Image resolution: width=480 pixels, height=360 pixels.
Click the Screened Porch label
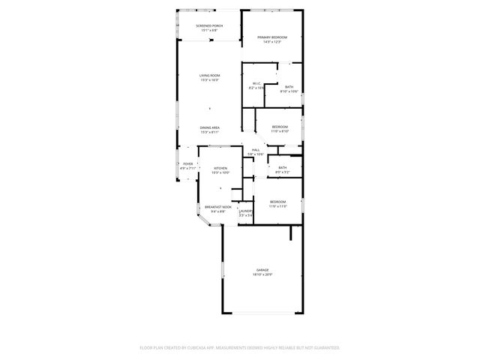[209, 25]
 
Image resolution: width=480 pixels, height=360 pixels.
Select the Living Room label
[209, 76]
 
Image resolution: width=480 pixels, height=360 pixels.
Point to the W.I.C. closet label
[256, 83]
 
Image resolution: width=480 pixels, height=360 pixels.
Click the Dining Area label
[209, 127]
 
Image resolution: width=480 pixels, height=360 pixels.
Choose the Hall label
[256, 150]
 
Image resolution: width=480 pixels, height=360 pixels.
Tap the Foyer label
[187, 163]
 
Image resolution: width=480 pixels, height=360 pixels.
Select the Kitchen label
[220, 168]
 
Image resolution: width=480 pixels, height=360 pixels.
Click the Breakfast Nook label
[218, 206]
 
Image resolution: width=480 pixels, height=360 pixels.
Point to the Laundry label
[245, 211]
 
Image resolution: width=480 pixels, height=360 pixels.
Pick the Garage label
[262, 270]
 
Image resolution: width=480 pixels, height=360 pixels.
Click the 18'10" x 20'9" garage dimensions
[262, 274]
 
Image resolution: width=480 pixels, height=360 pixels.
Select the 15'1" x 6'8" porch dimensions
[209, 30]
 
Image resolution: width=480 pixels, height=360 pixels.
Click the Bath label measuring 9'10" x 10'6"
[289, 87]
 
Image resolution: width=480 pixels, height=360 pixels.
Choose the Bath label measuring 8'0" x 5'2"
[282, 168]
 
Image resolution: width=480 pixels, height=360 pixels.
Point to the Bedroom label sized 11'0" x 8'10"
[280, 127]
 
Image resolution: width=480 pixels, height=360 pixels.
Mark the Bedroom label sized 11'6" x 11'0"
[277, 202]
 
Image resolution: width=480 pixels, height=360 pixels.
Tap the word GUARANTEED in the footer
[325, 347]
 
